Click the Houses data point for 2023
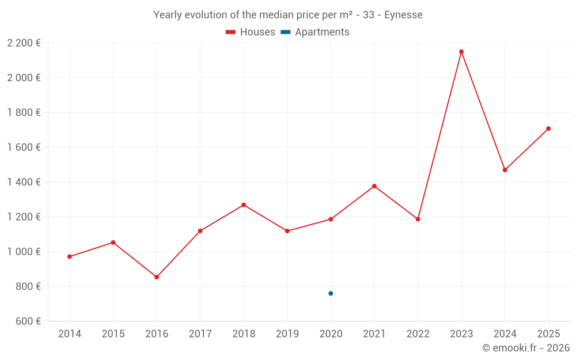(x=461, y=52)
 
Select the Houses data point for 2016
(x=157, y=277)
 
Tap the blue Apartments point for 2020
(x=331, y=294)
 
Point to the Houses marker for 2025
(x=548, y=128)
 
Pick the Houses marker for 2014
(x=70, y=257)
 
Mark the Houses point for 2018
(x=244, y=205)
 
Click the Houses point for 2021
(x=374, y=186)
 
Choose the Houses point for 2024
(x=505, y=170)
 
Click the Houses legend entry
(x=251, y=32)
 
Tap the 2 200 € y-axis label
(x=24, y=43)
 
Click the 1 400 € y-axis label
(x=24, y=182)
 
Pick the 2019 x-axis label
(x=287, y=334)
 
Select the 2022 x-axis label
(x=418, y=334)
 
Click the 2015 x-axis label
(x=113, y=334)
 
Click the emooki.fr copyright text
(x=525, y=348)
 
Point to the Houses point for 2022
(x=418, y=219)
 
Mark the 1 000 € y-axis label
(x=24, y=252)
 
